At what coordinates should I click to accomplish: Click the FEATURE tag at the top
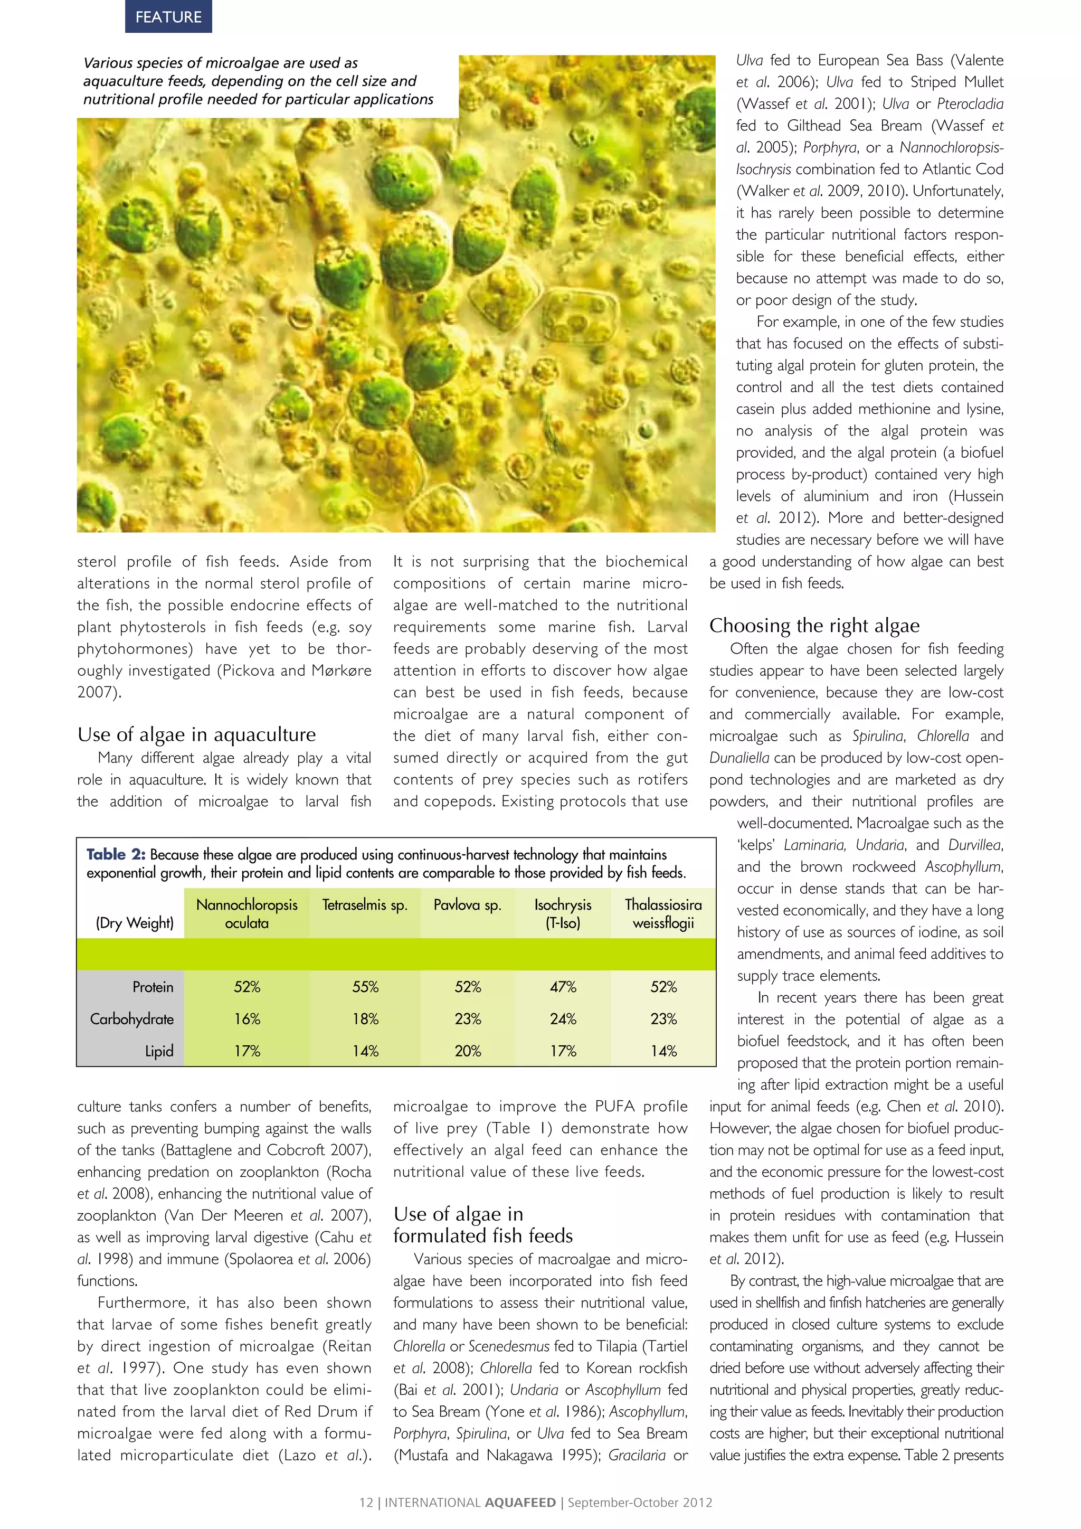pyautogui.click(x=168, y=17)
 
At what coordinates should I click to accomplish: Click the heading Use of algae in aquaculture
pyautogui.click(x=196, y=734)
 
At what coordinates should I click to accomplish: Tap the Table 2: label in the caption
pyautogui.click(x=116, y=854)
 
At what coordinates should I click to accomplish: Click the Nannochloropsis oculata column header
pyautogui.click(x=246, y=914)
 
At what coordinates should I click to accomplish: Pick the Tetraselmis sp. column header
pyautogui.click(x=365, y=905)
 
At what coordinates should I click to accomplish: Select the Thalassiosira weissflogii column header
pyautogui.click(x=663, y=914)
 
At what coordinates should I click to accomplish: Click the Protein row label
pyautogui.click(x=153, y=987)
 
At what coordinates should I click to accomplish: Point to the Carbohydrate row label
pyautogui.click(x=132, y=1019)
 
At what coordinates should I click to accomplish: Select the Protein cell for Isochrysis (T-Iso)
pyautogui.click(x=563, y=987)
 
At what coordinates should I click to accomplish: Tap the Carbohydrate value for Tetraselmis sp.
pyautogui.click(x=365, y=1019)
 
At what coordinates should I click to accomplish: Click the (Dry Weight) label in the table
pyautogui.click(x=135, y=923)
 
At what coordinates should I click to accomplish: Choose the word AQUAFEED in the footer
pyautogui.click(x=520, y=1503)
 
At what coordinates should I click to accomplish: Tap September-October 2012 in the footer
pyautogui.click(x=640, y=1503)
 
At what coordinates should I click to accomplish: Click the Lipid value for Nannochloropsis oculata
pyautogui.click(x=246, y=1051)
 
